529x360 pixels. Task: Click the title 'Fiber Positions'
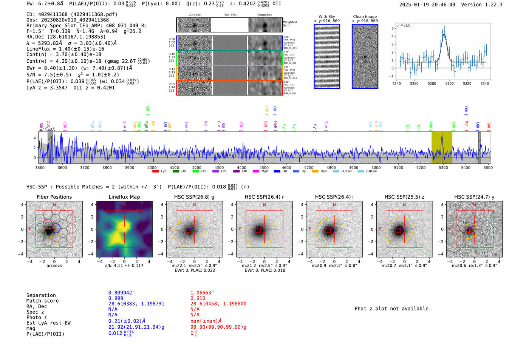(x=54, y=197)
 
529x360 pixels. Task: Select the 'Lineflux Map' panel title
(x=124, y=197)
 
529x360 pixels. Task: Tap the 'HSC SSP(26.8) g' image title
(x=194, y=197)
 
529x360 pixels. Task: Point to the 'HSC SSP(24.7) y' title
(x=474, y=197)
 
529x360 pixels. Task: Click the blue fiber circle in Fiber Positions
(x=56, y=228)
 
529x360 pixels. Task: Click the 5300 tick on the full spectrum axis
(x=443, y=167)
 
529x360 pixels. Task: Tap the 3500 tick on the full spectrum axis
(x=40, y=167)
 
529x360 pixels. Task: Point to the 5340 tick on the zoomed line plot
(x=484, y=83)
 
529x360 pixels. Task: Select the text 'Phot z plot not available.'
(x=393, y=309)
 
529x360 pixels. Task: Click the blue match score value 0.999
(x=116, y=298)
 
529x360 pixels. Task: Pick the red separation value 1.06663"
(x=202, y=293)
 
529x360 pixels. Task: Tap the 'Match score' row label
(x=42, y=301)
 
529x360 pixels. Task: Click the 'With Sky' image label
(x=326, y=17)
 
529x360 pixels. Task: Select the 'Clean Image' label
(x=365, y=17)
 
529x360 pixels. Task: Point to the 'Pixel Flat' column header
(x=230, y=15)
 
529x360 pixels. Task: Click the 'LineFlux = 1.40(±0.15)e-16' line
(x=65, y=49)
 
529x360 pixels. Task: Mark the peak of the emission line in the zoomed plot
(x=444, y=34)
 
